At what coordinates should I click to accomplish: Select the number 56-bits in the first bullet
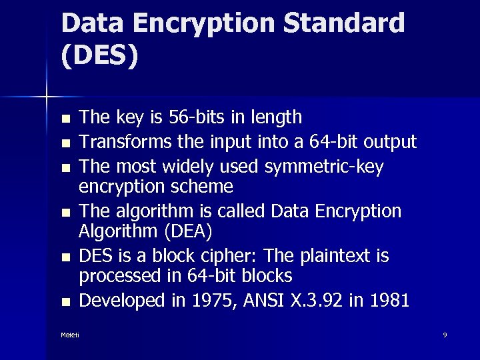click(x=191, y=118)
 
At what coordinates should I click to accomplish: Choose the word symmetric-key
click(x=324, y=167)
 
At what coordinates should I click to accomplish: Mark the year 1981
click(x=387, y=301)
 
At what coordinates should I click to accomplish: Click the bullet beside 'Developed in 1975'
click(x=65, y=302)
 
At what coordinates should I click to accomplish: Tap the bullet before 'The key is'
click(x=65, y=119)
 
